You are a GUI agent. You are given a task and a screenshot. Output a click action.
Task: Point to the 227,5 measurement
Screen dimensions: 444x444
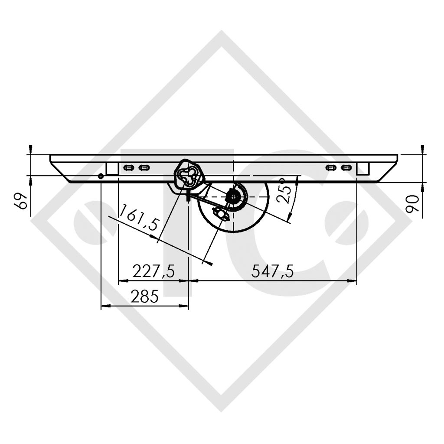[x=153, y=272]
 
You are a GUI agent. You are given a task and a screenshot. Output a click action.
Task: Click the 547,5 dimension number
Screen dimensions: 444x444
[x=273, y=272]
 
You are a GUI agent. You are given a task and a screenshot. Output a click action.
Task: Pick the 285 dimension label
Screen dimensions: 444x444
[x=145, y=297]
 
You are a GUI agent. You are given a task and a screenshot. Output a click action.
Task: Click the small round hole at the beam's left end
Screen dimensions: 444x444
[x=101, y=176]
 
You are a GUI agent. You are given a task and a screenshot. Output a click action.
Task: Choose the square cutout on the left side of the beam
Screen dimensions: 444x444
[x=112, y=169]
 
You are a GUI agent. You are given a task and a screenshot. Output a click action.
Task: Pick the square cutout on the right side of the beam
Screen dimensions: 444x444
[x=362, y=169]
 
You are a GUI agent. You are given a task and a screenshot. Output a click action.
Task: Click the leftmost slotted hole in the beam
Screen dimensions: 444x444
[x=128, y=168]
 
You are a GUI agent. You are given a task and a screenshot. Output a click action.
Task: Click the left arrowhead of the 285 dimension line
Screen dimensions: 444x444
[x=104, y=306]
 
